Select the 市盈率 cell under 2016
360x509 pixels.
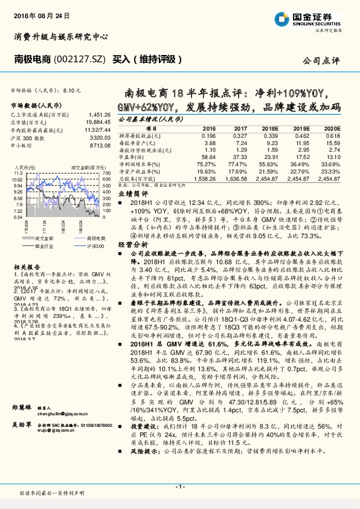pos(208,157)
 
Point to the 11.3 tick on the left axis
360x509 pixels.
pos(16,173)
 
